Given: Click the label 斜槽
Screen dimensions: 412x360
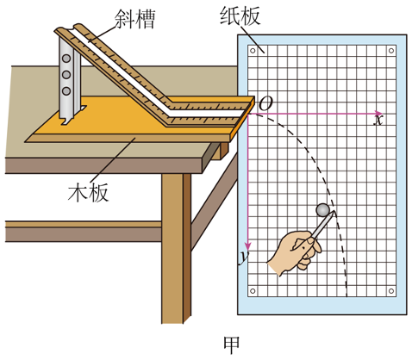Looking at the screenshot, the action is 134,19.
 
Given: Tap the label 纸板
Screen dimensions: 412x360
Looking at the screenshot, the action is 240,16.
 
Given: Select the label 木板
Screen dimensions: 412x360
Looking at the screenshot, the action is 88,192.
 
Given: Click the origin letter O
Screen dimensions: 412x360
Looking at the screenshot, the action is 265,103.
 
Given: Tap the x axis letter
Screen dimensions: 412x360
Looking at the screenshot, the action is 378,120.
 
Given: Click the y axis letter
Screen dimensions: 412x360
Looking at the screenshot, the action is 244,258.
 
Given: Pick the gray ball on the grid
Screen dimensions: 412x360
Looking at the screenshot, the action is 322,210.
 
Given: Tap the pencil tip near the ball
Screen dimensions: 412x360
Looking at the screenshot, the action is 334,212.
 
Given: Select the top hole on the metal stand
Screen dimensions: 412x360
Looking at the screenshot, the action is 66,59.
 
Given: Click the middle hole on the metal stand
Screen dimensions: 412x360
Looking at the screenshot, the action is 66,75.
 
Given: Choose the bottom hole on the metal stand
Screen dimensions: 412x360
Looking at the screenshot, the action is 66,91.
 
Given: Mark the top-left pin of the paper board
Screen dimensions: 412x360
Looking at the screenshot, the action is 253,51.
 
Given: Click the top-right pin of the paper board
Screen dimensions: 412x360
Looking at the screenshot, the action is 391,51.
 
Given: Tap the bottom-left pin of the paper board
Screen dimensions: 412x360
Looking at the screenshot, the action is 253,291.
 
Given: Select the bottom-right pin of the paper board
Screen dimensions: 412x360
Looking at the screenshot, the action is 391,291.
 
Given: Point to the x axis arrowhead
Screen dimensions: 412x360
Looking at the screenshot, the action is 379,114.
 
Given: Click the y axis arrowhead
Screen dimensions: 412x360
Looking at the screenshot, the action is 247,246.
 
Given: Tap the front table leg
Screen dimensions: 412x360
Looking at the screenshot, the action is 176,248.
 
